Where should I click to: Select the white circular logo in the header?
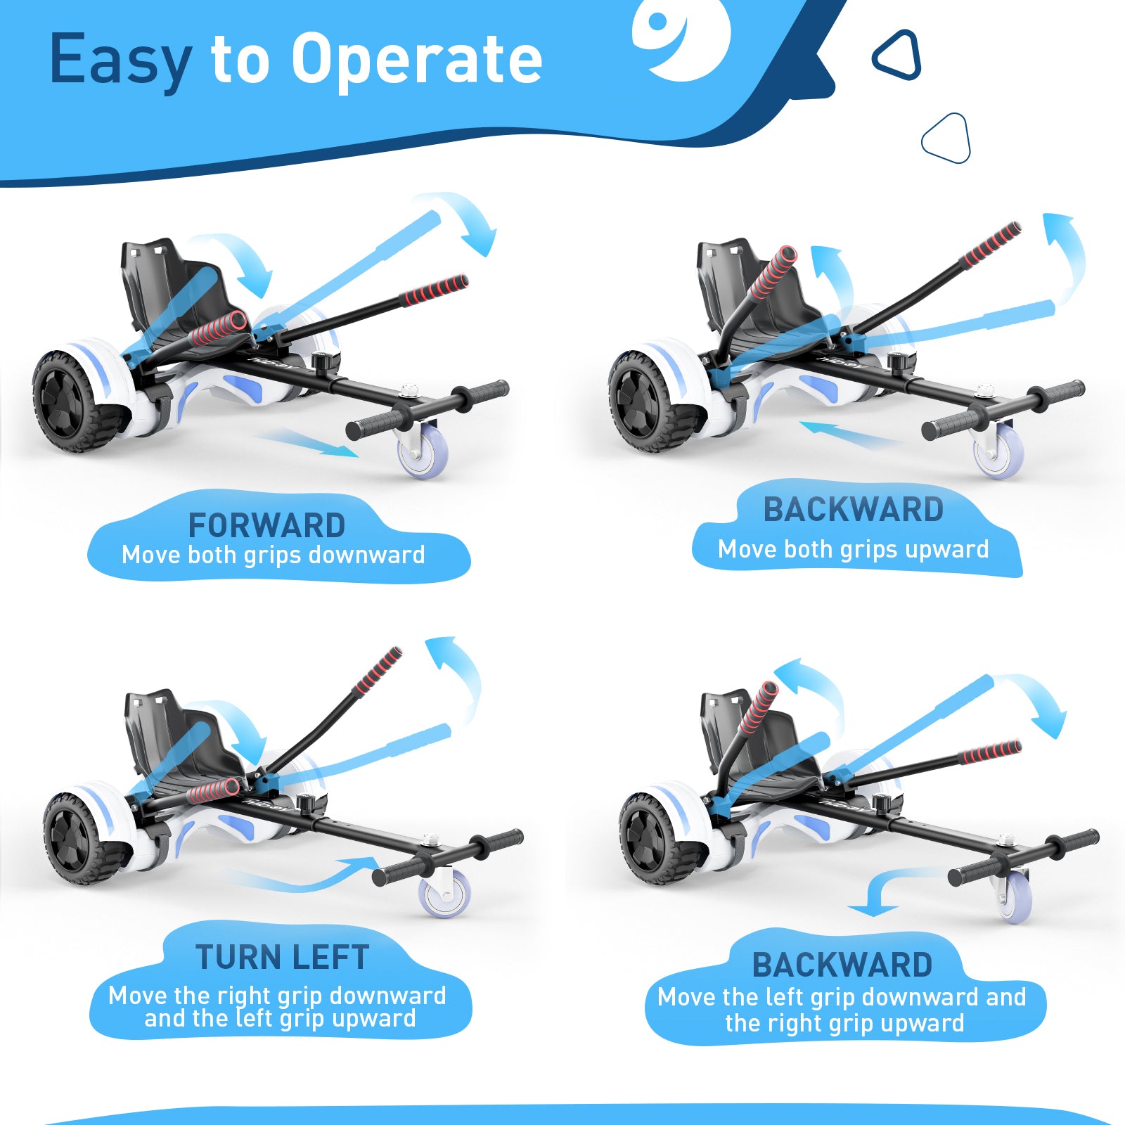tap(681, 37)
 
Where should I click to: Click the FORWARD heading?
tap(266, 525)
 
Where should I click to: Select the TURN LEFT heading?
tap(282, 957)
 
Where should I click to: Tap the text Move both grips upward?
tap(853, 549)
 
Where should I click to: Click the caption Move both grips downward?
tap(273, 555)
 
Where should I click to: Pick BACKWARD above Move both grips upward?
tap(853, 510)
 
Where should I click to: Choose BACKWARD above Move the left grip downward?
tap(842, 965)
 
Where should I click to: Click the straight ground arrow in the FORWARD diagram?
tap(306, 442)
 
